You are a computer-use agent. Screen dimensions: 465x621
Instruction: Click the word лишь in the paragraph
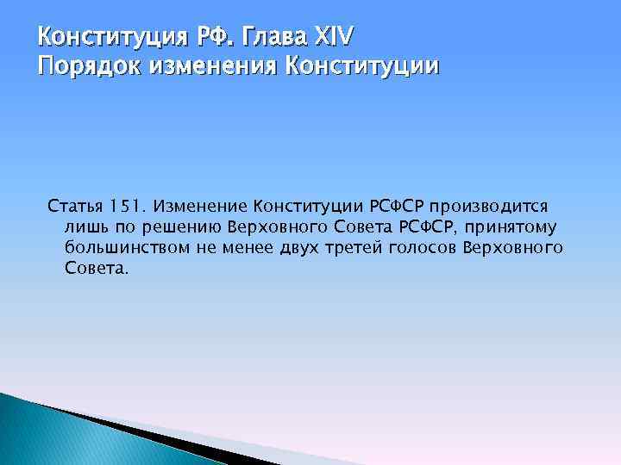[x=83, y=227]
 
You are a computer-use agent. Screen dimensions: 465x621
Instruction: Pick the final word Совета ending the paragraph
[x=96, y=269]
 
